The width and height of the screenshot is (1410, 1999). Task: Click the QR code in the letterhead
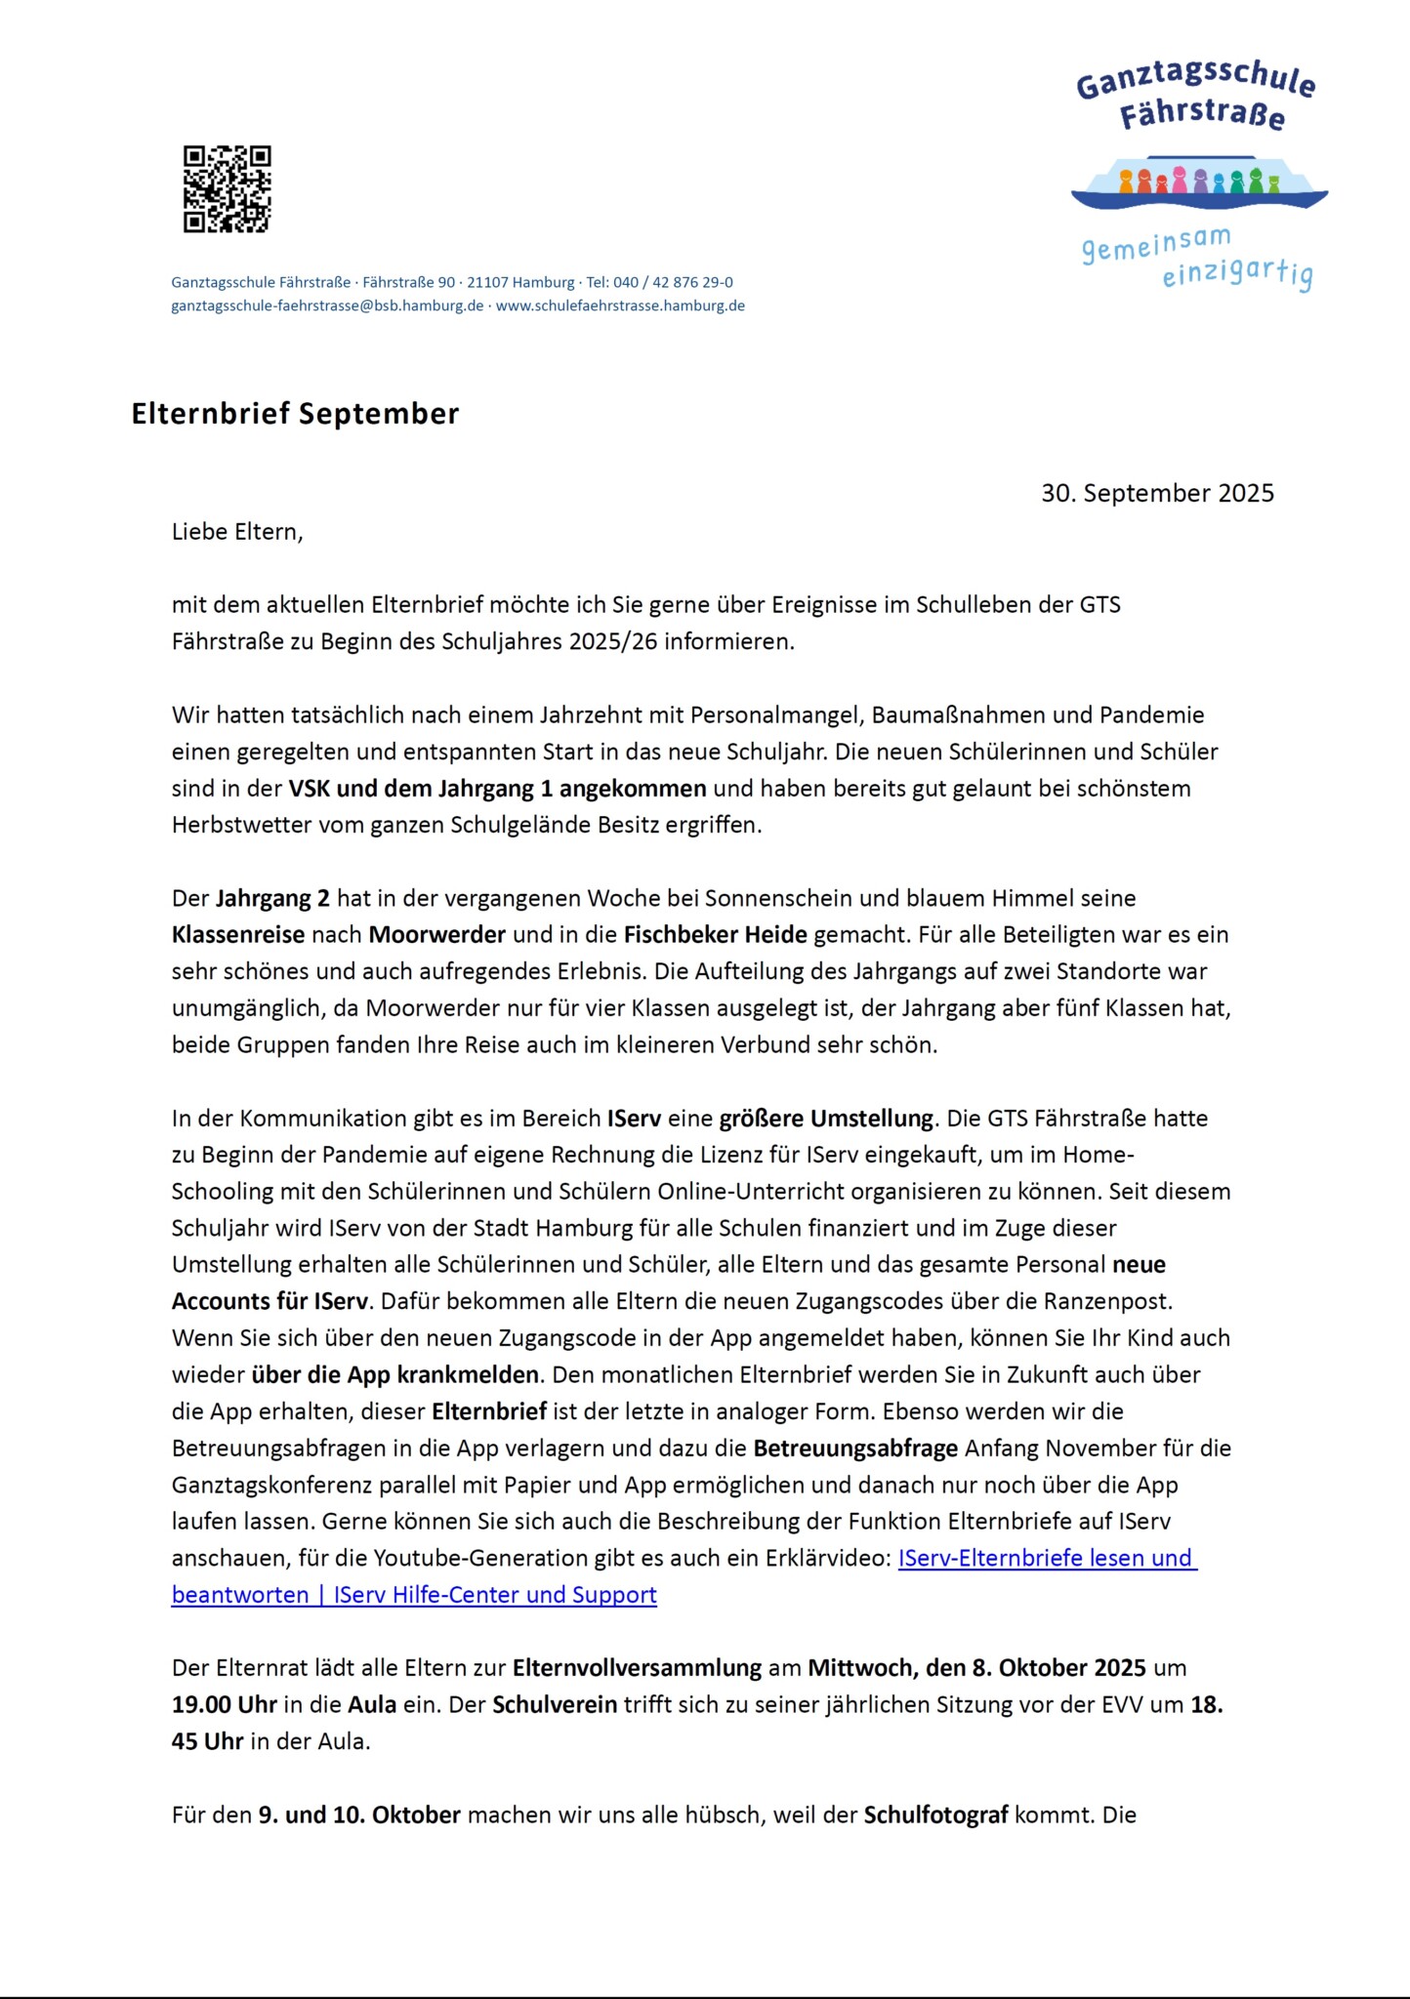[227, 189]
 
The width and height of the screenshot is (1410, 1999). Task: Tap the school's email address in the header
[327, 306]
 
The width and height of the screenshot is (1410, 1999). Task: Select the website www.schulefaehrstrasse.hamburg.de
[620, 306]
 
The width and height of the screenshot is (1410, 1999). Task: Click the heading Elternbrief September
[295, 414]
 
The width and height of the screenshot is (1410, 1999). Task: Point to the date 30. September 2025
[1157, 493]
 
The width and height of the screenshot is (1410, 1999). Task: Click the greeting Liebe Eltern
[237, 532]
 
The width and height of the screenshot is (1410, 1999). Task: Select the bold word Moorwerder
[436, 934]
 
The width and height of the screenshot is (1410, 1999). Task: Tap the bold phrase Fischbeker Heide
[715, 934]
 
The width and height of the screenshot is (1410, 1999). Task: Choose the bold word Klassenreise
[238, 934]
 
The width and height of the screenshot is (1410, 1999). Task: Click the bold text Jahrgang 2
[272, 898]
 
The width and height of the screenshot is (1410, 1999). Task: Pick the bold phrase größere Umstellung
[827, 1118]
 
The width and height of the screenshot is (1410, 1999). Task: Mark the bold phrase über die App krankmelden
[394, 1374]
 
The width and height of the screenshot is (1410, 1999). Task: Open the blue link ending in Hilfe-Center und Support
[414, 1595]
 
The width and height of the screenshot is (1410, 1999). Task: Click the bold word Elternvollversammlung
[637, 1667]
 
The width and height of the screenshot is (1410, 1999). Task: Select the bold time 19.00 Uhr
[224, 1704]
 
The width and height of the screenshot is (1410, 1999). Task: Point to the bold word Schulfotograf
[935, 1815]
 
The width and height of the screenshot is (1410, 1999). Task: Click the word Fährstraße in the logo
[1202, 115]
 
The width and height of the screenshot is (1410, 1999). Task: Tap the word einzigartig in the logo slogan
[1236, 274]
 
